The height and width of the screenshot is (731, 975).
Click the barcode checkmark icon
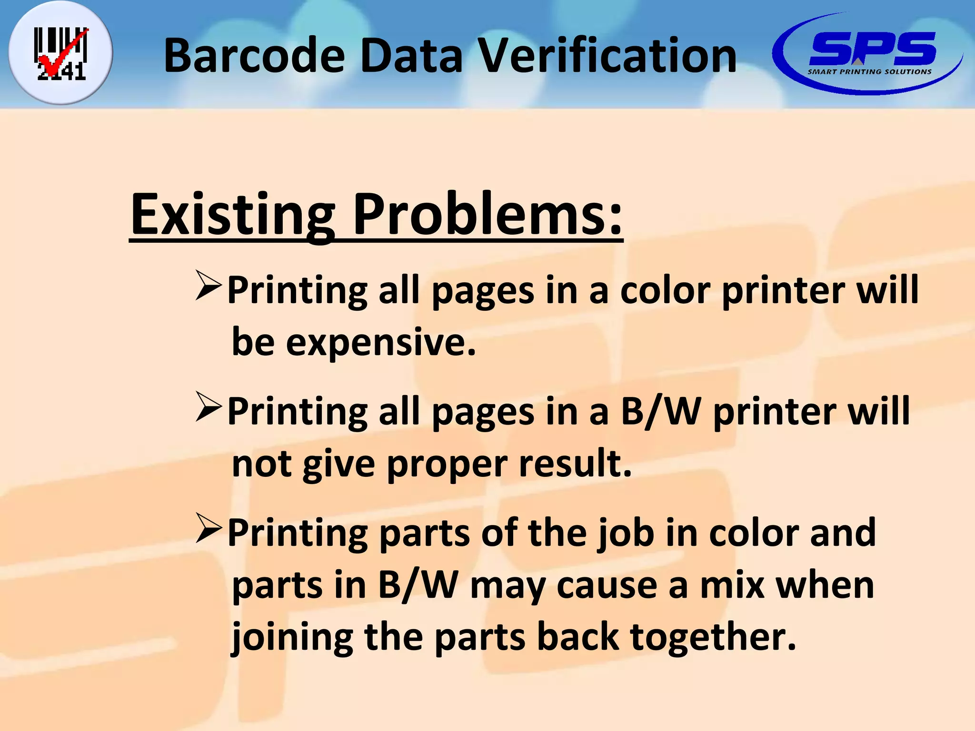(x=61, y=53)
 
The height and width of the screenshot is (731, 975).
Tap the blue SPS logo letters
(x=872, y=49)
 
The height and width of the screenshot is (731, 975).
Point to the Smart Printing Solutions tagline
(x=869, y=72)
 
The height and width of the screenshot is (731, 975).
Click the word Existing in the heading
(x=233, y=215)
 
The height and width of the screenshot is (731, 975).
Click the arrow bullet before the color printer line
(x=209, y=286)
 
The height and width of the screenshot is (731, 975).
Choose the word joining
(x=292, y=638)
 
